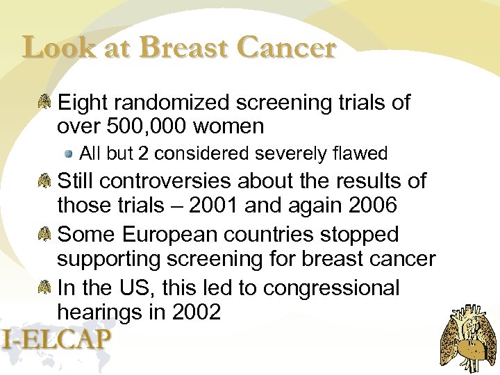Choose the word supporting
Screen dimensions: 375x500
click(x=111, y=259)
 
